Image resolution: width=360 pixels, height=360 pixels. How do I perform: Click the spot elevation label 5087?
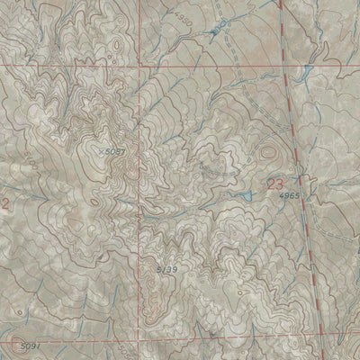pyautogui.click(x=112, y=152)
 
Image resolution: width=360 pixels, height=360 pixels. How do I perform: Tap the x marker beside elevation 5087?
pyautogui.click(x=101, y=152)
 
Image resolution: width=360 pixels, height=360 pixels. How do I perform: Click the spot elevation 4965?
pyautogui.click(x=289, y=195)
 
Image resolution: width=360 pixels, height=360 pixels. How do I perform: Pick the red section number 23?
pyautogui.click(x=274, y=184)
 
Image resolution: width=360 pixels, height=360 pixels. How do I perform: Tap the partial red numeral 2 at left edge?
pyautogui.click(x=4, y=204)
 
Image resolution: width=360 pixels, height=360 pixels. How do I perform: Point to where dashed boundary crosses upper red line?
pyautogui.click(x=286, y=67)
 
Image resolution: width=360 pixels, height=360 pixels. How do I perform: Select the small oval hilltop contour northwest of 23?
pyautogui.click(x=266, y=153)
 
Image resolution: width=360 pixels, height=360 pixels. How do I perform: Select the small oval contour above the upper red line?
pyautogui.click(x=116, y=41)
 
